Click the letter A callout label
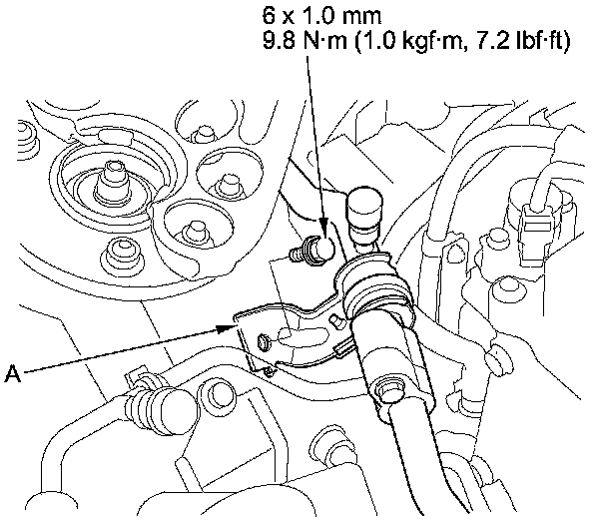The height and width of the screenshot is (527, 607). point(12,374)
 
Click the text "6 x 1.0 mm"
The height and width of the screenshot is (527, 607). point(322,16)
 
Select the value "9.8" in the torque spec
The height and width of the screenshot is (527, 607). point(279,40)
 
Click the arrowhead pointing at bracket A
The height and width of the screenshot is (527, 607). point(226,328)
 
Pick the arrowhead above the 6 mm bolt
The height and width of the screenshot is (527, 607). point(323,225)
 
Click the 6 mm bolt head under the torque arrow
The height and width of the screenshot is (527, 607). point(321,248)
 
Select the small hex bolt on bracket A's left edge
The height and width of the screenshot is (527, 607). point(264,341)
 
